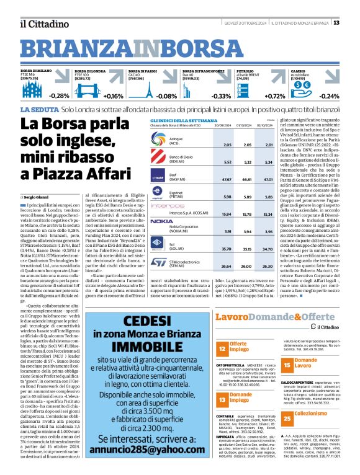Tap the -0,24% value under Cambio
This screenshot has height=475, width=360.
[x=328, y=96]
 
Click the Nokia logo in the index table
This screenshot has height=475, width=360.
[x=162, y=221]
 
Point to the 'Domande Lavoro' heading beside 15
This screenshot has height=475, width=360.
[x=305, y=362]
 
